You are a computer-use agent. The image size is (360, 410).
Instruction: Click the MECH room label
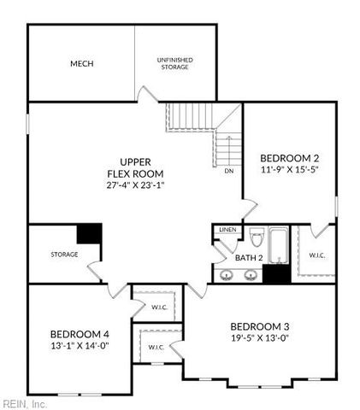point(82,63)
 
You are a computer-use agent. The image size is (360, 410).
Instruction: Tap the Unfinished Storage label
point(174,63)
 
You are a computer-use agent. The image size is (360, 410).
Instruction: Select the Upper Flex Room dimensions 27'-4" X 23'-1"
point(135,185)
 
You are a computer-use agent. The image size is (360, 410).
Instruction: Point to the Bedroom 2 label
point(290,158)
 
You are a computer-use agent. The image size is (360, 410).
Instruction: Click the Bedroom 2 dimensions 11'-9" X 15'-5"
point(290,170)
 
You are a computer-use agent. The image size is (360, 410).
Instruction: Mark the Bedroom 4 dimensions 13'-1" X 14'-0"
point(80,346)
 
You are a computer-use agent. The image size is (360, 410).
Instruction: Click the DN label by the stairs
point(229,171)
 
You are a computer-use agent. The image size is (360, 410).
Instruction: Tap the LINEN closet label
point(227,230)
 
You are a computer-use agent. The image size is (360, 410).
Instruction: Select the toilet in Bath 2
point(257,237)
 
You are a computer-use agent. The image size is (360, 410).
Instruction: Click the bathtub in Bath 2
point(279,245)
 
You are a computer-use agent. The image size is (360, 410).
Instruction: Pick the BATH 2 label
point(249,258)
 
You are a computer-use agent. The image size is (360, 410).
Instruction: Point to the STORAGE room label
point(64,255)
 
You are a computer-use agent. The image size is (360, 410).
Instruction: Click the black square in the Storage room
point(89,233)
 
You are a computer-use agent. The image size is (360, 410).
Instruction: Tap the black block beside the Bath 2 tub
point(276,273)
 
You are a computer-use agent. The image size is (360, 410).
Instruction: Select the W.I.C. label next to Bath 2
point(317,255)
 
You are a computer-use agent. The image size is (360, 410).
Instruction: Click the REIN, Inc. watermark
point(23,404)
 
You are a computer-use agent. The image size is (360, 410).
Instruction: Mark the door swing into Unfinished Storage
point(147,94)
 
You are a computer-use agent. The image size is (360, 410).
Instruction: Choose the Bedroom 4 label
point(80,334)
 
